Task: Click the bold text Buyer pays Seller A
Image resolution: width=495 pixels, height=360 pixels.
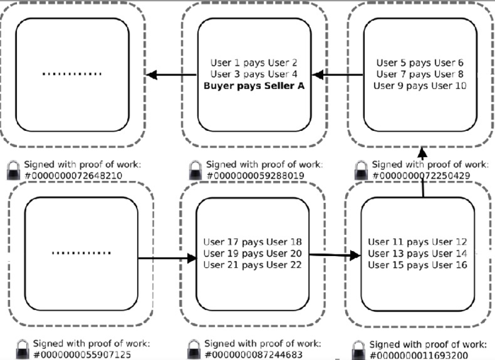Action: point(254,86)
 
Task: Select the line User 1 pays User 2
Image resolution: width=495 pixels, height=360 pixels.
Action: point(254,63)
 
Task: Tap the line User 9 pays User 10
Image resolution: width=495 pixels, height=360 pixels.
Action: point(420,86)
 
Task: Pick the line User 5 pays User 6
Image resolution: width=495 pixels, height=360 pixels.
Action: point(420,63)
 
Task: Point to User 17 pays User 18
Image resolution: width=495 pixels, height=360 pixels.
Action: point(252,242)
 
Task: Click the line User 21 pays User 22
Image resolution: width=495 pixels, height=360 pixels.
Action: point(252,265)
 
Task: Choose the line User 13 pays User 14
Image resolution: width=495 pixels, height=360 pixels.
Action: point(417,254)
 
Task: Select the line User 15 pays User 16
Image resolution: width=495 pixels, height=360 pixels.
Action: point(417,265)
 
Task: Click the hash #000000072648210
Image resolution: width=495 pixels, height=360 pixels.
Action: point(74,175)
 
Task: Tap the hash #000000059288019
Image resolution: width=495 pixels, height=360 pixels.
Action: point(255,175)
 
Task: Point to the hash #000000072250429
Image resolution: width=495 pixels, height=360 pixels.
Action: point(421,175)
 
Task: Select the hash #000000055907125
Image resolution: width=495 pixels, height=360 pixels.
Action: point(82,354)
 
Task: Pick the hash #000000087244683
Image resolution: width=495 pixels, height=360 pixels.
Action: point(253,354)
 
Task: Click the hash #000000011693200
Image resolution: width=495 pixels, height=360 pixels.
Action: point(419,355)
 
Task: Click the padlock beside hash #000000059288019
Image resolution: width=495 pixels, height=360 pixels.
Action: point(195,170)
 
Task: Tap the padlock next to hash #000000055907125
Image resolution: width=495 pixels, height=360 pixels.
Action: point(23,349)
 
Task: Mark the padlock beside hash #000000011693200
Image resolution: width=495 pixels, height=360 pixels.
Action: point(359,350)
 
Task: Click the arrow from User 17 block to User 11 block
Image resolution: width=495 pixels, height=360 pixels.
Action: point(335,255)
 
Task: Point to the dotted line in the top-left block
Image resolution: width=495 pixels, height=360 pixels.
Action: point(72,74)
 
